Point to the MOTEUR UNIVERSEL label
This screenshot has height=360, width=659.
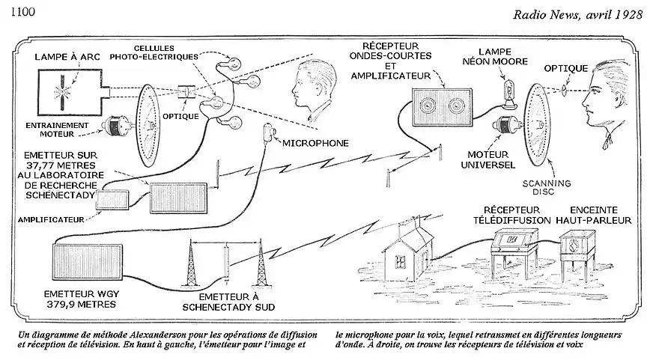491,159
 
